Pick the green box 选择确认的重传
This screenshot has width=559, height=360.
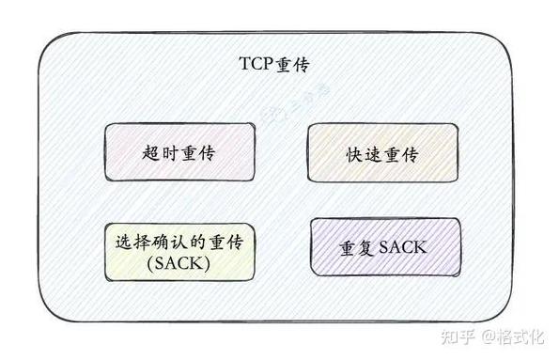(x=178, y=249)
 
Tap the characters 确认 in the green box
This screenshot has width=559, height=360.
(x=168, y=240)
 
